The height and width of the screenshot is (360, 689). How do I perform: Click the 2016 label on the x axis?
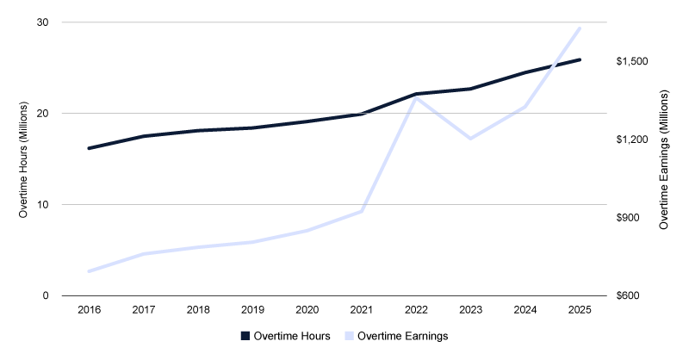click(x=89, y=308)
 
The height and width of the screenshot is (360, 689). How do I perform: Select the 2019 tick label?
click(x=252, y=308)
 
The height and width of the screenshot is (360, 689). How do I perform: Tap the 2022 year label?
click(x=417, y=308)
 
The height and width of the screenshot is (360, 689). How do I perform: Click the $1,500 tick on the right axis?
click(x=633, y=62)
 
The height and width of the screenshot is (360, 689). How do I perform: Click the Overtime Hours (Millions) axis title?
click(x=26, y=159)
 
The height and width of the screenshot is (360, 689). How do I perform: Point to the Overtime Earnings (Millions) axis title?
click(x=664, y=159)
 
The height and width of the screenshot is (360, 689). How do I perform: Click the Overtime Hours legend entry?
click(x=284, y=336)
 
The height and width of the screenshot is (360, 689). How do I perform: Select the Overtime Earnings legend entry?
click(x=396, y=336)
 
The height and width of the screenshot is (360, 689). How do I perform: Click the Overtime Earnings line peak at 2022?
click(x=417, y=97)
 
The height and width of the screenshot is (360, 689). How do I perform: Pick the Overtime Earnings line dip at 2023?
click(x=471, y=138)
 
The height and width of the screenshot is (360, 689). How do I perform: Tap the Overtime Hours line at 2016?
click(x=89, y=148)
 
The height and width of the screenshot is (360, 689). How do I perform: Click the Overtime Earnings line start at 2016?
click(x=89, y=271)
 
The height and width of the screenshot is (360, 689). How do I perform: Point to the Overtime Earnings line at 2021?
click(x=362, y=211)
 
